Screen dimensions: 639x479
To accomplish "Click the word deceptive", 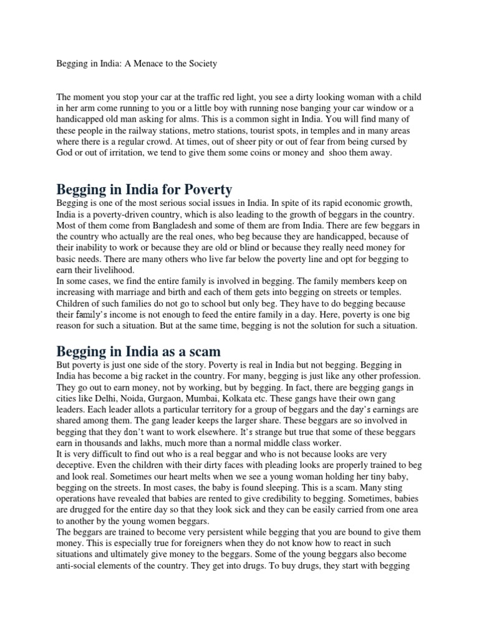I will [79, 471].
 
